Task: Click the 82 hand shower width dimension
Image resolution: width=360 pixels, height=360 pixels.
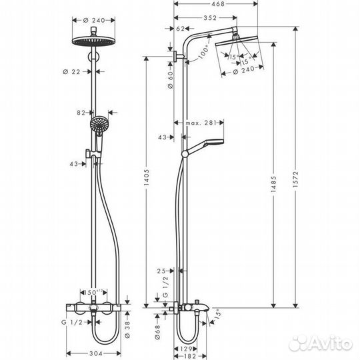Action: (83, 113)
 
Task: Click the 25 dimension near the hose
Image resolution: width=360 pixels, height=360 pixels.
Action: (161, 271)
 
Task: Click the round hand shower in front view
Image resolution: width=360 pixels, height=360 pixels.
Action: (99, 124)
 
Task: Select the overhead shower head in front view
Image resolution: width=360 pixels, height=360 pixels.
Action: (97, 39)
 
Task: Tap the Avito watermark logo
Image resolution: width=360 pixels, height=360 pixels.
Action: (323, 343)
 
